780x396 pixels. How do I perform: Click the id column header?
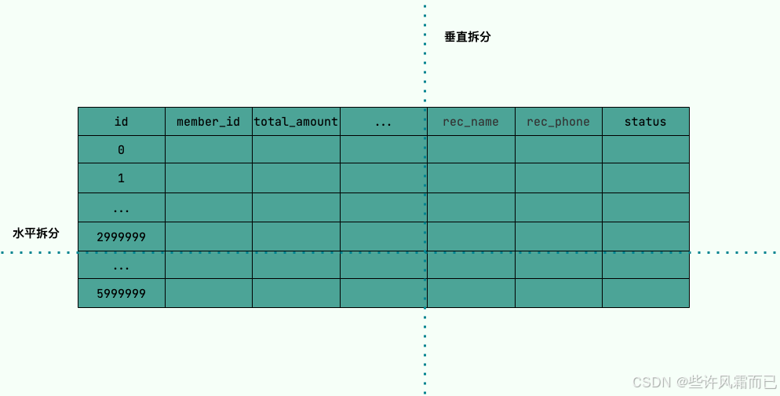pyautogui.click(x=121, y=122)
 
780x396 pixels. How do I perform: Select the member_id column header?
pyautogui.click(x=208, y=122)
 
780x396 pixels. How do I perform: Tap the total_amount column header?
pyautogui.click(x=296, y=122)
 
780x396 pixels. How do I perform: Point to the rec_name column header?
pyautogui.click(x=471, y=122)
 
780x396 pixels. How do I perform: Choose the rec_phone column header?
pyautogui.click(x=558, y=122)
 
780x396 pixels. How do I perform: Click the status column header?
pyautogui.click(x=645, y=122)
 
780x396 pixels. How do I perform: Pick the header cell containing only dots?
pyautogui.click(x=383, y=122)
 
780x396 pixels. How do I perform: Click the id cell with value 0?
pyautogui.click(x=121, y=149)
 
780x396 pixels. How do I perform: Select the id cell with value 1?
pyautogui.click(x=121, y=178)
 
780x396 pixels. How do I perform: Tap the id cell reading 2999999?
pyautogui.click(x=121, y=236)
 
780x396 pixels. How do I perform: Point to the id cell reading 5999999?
pyautogui.click(x=121, y=293)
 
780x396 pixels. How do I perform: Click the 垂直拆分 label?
pyautogui.click(x=468, y=37)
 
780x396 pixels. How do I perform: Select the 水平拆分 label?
pyautogui.click(x=36, y=233)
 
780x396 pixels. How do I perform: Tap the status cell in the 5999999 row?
pyautogui.click(x=645, y=293)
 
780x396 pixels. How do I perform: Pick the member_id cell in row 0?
pyautogui.click(x=208, y=149)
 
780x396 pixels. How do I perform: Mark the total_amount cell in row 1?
pyautogui.click(x=296, y=178)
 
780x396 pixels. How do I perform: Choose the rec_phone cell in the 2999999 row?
pyautogui.click(x=558, y=236)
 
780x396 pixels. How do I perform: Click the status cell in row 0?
pyautogui.click(x=645, y=149)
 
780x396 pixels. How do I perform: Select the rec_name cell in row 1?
pyautogui.click(x=471, y=178)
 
